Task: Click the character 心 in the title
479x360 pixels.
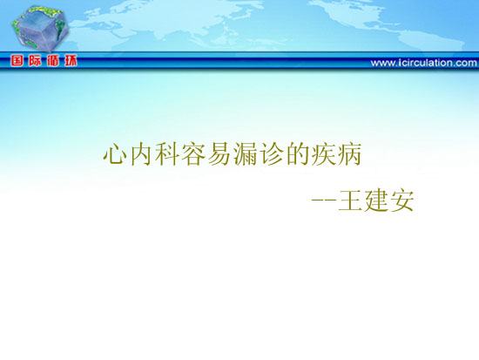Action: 115,154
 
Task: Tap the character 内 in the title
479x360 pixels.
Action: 141,154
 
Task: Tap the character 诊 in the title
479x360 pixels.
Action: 271,154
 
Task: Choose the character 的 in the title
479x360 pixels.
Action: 297,154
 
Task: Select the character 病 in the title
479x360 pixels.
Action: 349,154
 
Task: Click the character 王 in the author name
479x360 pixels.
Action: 350,201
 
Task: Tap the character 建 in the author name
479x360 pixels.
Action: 375,200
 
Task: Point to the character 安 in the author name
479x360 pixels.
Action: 401,200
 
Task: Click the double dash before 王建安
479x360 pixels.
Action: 324,200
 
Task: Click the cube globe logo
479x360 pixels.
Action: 40,28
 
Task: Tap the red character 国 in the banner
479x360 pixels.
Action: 17,61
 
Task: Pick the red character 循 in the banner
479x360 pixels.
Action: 52,61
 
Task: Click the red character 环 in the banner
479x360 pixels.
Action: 71,61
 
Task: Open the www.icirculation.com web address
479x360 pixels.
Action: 424,63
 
